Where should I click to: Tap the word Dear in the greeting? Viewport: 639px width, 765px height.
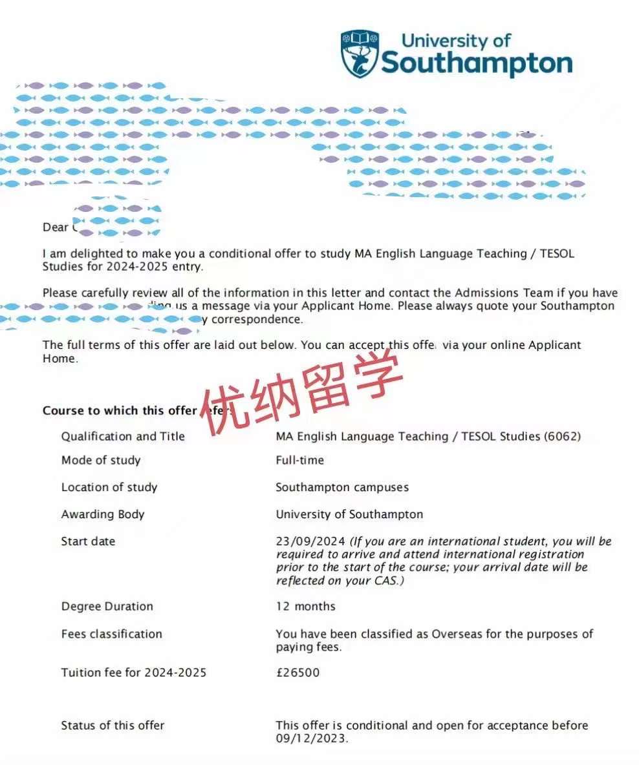(55, 227)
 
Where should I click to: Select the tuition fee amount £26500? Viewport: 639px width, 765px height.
(298, 673)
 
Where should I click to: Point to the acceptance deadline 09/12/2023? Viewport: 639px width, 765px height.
(312, 739)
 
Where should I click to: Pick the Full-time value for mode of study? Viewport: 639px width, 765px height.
(299, 461)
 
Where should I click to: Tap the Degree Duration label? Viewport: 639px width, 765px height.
(107, 607)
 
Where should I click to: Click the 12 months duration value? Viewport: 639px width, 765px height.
(305, 607)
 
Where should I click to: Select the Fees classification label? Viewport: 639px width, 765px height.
(111, 634)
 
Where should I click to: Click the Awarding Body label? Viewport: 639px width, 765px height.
(103, 515)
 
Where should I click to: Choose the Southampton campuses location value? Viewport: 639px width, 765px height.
(342, 488)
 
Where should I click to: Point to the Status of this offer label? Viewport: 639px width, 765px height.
(113, 726)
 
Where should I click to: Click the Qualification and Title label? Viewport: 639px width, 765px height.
(123, 437)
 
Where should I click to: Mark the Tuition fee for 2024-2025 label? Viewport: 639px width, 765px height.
(134, 673)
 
